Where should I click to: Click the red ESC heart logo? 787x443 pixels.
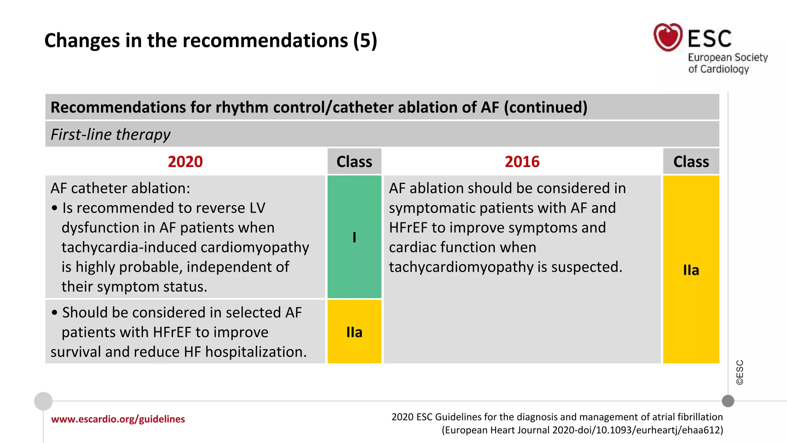click(668, 37)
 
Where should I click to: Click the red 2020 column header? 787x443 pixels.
click(185, 162)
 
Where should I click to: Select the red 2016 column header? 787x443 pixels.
click(522, 162)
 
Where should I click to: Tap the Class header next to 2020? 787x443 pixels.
click(354, 162)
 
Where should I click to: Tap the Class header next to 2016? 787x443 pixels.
click(691, 162)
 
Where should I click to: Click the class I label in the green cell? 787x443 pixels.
click(354, 237)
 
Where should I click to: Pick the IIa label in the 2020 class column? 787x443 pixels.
click(354, 332)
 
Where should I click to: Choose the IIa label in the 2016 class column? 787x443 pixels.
click(691, 270)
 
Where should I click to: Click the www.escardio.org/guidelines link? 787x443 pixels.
click(118, 419)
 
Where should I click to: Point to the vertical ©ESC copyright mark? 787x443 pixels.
click(740, 372)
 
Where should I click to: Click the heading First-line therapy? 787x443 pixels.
click(110, 135)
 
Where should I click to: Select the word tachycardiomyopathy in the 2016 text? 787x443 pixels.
click(461, 267)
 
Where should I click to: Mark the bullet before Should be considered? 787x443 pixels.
click(55, 313)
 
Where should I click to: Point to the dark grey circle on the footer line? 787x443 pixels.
click(728, 401)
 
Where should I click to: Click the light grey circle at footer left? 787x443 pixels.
click(43, 401)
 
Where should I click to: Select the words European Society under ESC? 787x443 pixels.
click(727, 57)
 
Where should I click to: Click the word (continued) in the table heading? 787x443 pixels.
click(545, 107)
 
